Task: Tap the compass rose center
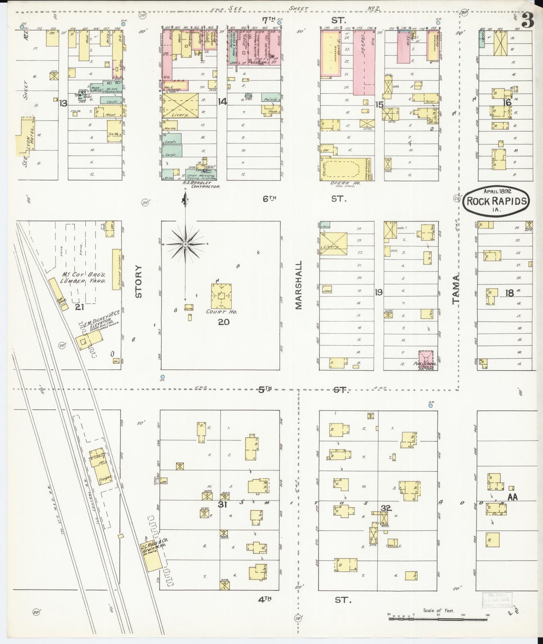coord(185,244)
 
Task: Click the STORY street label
coord(139,281)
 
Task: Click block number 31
coord(222,505)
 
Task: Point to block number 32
coord(386,508)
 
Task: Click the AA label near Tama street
coord(513,497)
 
